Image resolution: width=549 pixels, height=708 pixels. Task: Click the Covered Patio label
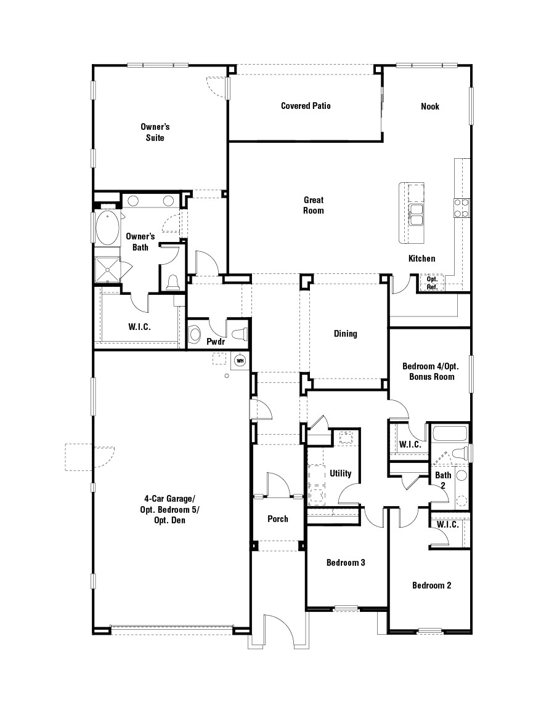coord(306,106)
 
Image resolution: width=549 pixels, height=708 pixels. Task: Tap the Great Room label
coord(313,206)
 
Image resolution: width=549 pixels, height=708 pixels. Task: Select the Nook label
coord(430,107)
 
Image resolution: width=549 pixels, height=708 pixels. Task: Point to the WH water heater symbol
coord(241,360)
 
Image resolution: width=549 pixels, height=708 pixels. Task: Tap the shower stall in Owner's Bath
coord(106,268)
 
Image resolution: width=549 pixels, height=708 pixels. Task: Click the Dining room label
coord(345,334)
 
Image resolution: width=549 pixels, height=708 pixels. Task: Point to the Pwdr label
coord(216,341)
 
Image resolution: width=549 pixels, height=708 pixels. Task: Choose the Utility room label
coord(340,473)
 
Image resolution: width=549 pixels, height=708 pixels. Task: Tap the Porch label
coord(278,519)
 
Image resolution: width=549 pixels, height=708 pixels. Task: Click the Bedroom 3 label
coord(346,563)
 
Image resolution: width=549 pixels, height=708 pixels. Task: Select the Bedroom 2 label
coord(431,585)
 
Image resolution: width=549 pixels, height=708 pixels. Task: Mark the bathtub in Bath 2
coord(450,433)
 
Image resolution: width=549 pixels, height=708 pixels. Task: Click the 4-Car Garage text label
coord(169,510)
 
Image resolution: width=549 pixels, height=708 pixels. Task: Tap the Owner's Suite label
coord(155,132)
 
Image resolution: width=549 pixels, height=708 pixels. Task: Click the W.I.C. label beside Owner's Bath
coord(139,327)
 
